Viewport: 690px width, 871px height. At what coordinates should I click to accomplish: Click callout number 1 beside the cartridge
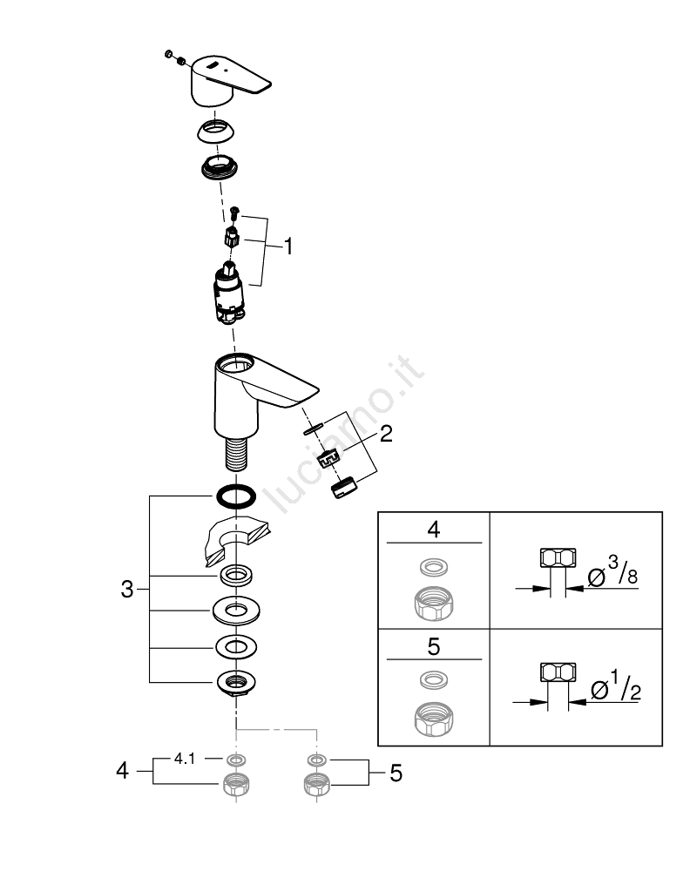coord(287,247)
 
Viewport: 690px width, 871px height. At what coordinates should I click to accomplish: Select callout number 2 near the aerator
coord(385,434)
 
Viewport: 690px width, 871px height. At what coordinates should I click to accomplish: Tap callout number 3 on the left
coord(127,590)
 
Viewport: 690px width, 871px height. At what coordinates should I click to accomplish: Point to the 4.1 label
coord(185,759)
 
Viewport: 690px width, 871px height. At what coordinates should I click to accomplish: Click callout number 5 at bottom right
coord(396,773)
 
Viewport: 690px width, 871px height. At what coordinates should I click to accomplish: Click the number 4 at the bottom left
coord(123,771)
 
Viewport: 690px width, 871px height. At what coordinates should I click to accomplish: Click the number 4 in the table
coord(433,530)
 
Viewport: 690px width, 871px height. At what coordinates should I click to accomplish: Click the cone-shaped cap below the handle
coord(217,131)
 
